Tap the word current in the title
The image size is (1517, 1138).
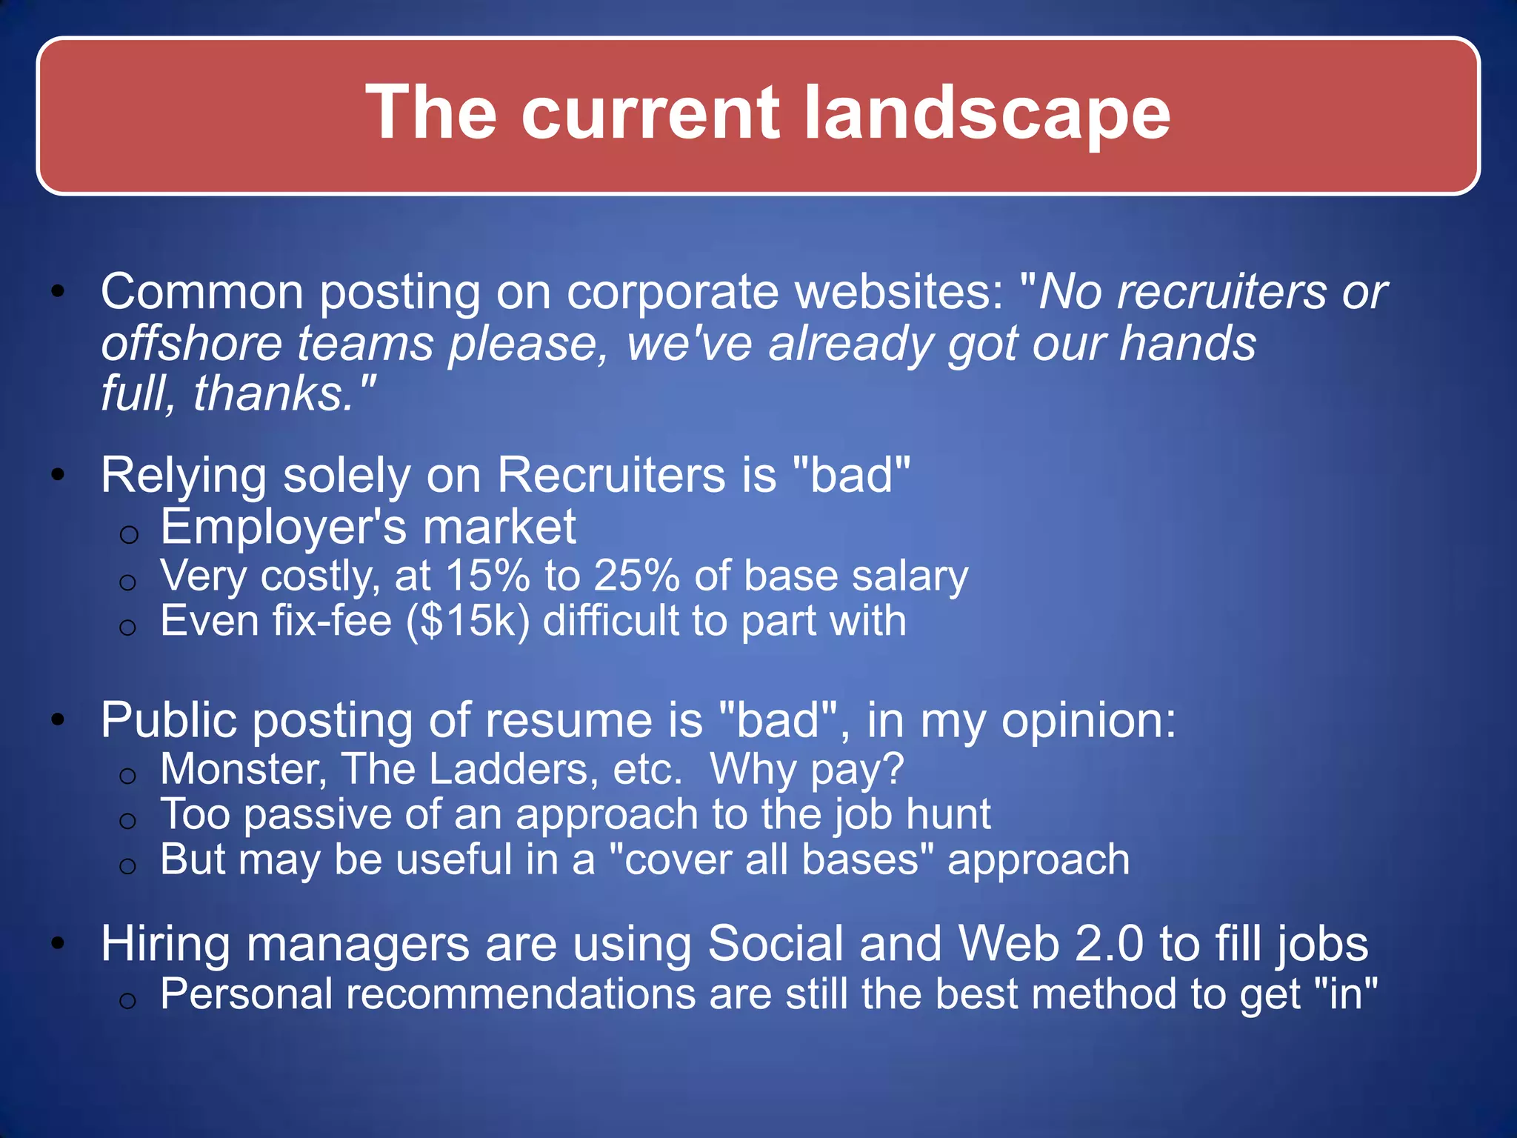click(650, 113)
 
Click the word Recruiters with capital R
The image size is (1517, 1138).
click(611, 475)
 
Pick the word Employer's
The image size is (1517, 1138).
click(284, 528)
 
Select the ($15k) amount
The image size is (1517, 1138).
click(468, 621)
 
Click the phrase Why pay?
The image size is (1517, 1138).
click(807, 770)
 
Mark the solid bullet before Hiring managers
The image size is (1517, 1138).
click(59, 944)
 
